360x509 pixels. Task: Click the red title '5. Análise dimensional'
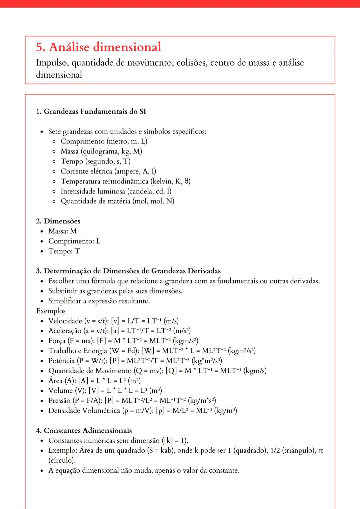[x=99, y=47]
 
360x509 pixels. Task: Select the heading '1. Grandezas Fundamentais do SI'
[x=91, y=111]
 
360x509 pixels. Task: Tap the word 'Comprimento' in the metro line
[x=82, y=141]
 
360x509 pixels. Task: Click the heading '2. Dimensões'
[x=58, y=221]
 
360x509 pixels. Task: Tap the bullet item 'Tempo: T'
[x=64, y=251]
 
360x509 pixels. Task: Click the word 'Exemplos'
[x=51, y=311]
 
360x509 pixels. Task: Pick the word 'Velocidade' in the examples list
[x=65, y=321]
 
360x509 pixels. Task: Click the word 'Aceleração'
[x=65, y=331]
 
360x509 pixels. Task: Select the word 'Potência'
[x=61, y=361]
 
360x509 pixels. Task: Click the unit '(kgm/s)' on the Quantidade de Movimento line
[x=255, y=371]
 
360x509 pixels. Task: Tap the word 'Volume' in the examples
[x=60, y=390]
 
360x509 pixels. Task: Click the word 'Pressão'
[x=59, y=400]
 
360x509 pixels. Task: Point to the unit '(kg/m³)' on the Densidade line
[x=226, y=410]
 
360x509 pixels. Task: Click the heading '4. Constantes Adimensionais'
[x=84, y=430]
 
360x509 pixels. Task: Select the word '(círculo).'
[x=62, y=460]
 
